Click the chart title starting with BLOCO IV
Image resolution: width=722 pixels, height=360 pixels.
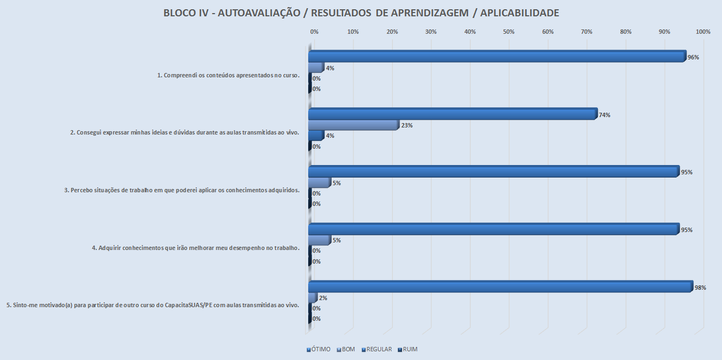361,13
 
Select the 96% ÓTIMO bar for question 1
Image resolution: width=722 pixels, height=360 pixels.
497,57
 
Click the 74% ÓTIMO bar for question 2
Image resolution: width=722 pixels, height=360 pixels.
452,114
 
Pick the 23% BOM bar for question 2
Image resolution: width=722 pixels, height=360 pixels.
353,125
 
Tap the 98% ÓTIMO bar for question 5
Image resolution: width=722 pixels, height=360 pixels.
500,286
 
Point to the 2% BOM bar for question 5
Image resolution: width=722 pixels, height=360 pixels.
313,298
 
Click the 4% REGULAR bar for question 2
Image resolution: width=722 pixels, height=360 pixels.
316,136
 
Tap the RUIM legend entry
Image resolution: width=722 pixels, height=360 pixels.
408,349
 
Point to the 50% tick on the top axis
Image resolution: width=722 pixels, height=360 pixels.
509,32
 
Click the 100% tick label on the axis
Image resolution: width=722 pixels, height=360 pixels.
703,32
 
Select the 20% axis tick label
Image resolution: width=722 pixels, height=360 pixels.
391,32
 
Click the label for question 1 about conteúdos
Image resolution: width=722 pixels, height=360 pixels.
229,75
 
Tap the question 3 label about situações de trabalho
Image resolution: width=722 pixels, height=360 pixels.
182,191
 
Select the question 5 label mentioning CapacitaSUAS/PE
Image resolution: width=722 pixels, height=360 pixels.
153,305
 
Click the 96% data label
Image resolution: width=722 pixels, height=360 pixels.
693,57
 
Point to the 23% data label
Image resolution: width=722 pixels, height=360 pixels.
407,125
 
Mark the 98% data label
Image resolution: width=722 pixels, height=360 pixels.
700,288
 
